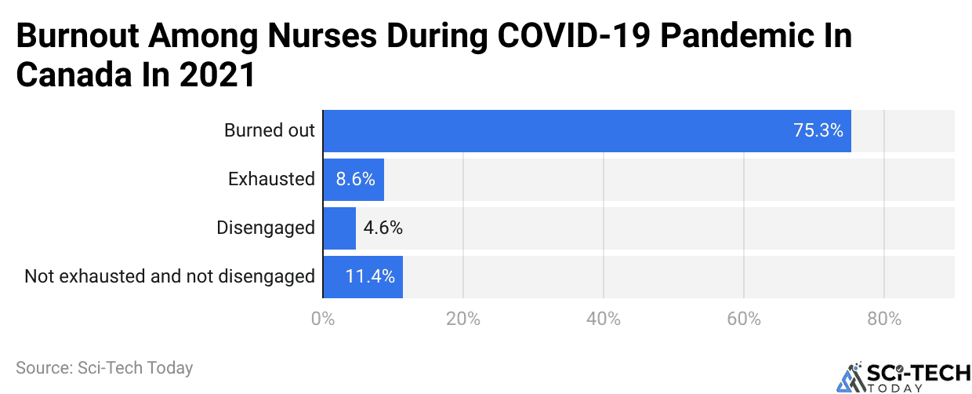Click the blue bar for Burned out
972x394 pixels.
[x=586, y=131]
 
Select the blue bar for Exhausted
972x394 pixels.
[x=354, y=179]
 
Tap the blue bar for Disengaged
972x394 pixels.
[x=339, y=228]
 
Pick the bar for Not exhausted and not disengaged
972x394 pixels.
[x=363, y=277]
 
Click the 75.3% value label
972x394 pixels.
[x=818, y=131]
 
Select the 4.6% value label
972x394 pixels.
[x=383, y=228]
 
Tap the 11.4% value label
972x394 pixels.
[x=370, y=277]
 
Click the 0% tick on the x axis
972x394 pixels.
[x=323, y=319]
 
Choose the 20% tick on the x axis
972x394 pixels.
[x=463, y=319]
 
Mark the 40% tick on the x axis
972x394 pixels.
[x=604, y=319]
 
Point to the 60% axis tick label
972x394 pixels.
[x=744, y=319]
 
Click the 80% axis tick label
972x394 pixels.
[x=884, y=319]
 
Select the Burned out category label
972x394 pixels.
[x=270, y=131]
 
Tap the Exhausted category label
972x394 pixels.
[x=271, y=179]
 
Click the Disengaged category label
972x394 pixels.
[x=266, y=228]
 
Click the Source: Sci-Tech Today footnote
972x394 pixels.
[x=104, y=367]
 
